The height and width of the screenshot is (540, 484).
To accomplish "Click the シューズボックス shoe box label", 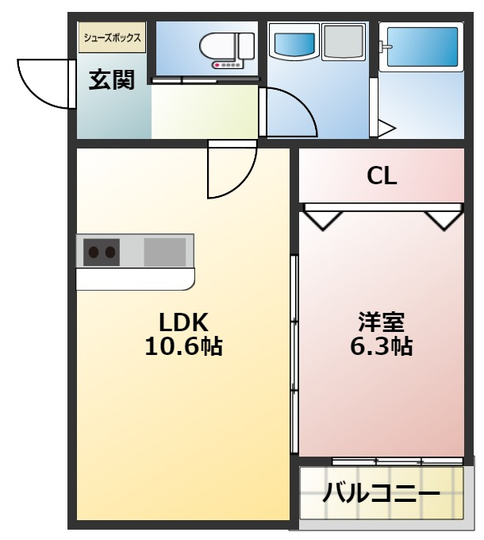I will pos(112,37).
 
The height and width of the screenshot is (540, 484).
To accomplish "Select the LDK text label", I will pos(183,322).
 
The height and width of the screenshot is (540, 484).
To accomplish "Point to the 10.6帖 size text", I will pos(183,346).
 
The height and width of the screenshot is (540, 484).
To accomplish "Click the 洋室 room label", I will pos(381,322).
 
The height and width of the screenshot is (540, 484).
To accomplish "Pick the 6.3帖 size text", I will pos(381,346).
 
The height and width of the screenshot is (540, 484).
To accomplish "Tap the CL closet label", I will pos(382,176).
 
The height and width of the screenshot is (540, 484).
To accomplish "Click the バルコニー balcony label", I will pos(381,494).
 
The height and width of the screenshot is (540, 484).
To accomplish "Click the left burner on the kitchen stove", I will pos(93,253).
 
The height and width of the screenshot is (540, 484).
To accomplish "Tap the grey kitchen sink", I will pos(165,252).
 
